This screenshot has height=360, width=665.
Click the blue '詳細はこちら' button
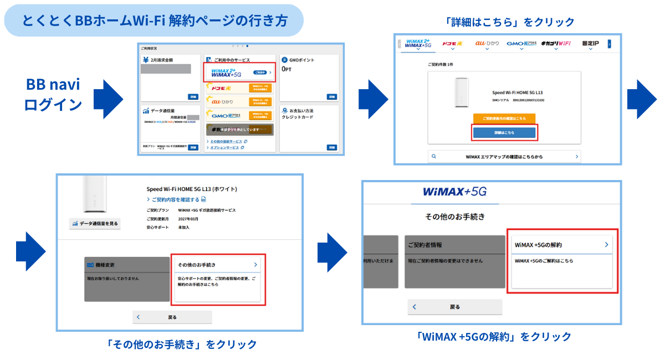pyautogui.click(x=504, y=133)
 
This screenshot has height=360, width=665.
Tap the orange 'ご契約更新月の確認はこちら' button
pyautogui.click(x=504, y=119)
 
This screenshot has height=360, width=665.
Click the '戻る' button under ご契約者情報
pyautogui.click(x=454, y=307)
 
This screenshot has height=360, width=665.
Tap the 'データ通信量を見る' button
pyautogui.click(x=94, y=223)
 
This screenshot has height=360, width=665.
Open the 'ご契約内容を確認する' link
pyautogui.click(x=176, y=199)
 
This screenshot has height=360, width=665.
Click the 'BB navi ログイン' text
pyautogui.click(x=53, y=95)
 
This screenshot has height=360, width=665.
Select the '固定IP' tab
pyautogui.click(x=590, y=44)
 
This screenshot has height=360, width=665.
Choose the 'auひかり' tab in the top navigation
pyautogui.click(x=487, y=44)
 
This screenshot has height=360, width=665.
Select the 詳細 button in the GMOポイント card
pyautogui.click(x=331, y=96)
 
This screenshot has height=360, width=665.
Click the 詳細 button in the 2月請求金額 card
pyautogui.click(x=192, y=96)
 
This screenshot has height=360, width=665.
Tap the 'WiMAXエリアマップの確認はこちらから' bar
pyautogui.click(x=504, y=157)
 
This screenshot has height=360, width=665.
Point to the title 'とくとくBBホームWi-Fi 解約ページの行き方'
pyautogui.click(x=155, y=20)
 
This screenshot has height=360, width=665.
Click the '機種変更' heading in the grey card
pyautogui.click(x=105, y=265)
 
